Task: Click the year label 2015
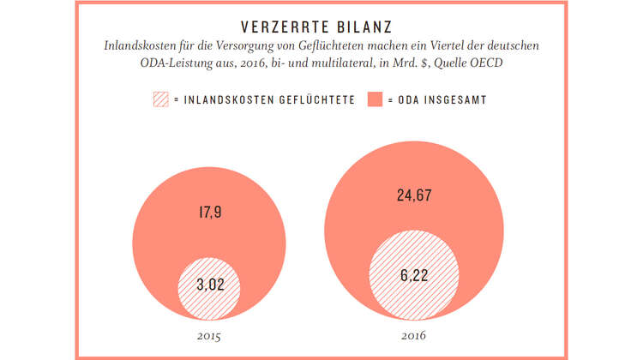pyautogui.click(x=208, y=337)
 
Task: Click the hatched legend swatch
pyautogui.click(x=160, y=100)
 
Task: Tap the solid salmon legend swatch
pyautogui.click(x=375, y=100)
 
